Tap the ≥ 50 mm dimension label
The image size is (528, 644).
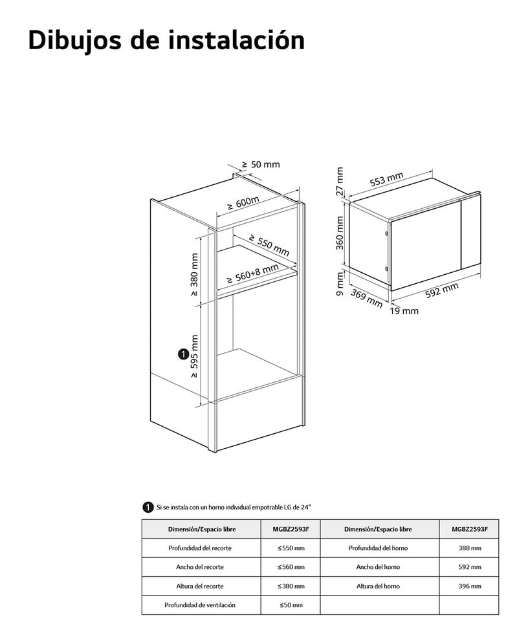coord(261,164)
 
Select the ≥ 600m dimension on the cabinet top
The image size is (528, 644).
coord(243,202)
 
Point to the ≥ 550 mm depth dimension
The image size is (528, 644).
coord(269,245)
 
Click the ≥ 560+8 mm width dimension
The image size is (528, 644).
coord(253,274)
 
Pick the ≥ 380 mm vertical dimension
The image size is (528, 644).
coord(194,274)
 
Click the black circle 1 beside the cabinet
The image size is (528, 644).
coord(183,354)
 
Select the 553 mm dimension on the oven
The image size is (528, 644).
coord(386,180)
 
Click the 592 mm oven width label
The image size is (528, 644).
coord(442,290)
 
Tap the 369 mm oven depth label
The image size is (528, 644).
coord(366,298)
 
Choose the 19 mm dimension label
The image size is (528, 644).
coord(404,311)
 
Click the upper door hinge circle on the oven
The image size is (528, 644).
coord(386,233)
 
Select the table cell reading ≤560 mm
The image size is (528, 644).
coord(291,567)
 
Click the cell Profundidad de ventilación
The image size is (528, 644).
coord(200,605)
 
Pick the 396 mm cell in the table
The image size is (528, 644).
coord(470,586)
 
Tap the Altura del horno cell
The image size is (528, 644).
coord(378,586)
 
